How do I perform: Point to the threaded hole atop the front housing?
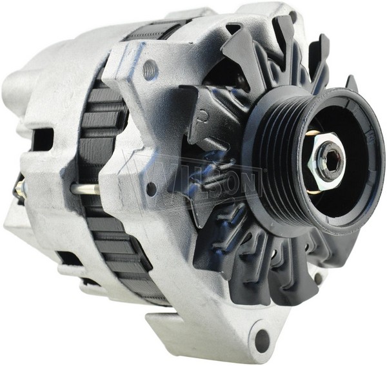tap(150, 68)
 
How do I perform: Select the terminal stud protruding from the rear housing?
tap(21, 187)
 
